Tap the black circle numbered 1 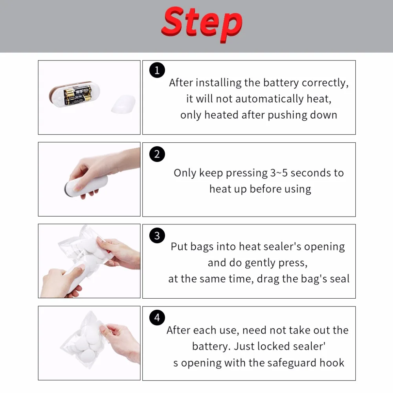click(157, 70)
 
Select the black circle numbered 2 click(157, 154)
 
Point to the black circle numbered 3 click(157, 235)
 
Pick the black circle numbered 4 click(157, 317)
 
